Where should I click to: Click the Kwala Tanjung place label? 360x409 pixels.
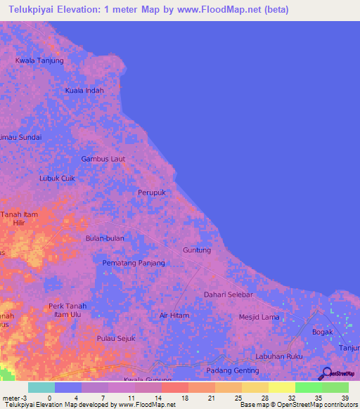click(x=39, y=60)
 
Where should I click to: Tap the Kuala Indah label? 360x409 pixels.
click(x=84, y=91)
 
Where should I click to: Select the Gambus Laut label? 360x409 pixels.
click(x=103, y=159)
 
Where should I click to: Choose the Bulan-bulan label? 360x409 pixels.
click(x=105, y=238)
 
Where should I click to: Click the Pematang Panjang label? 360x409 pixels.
click(x=134, y=263)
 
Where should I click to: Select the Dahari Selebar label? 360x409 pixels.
click(x=229, y=294)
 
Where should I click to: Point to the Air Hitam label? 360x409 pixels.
click(x=174, y=316)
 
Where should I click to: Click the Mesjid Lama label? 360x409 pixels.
click(x=259, y=317)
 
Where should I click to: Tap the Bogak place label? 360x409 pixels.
click(x=322, y=332)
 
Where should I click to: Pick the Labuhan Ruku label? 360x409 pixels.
click(x=279, y=356)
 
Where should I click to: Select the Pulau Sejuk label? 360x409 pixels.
click(x=115, y=339)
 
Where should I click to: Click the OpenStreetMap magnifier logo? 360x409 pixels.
click(x=326, y=373)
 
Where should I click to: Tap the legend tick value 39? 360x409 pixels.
click(x=345, y=398)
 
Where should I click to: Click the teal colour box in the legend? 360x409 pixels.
click(x=41, y=387)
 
